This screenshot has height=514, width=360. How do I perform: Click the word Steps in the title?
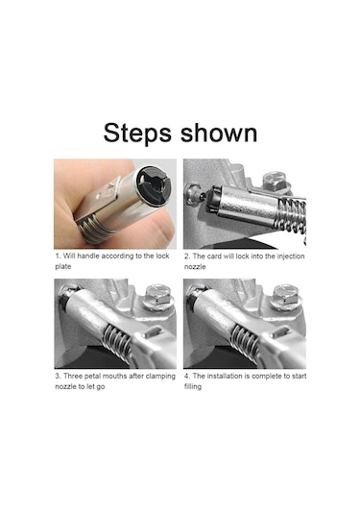click(x=137, y=134)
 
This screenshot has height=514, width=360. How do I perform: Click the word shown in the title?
click(x=219, y=133)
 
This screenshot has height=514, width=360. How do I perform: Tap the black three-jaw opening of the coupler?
click(x=153, y=185)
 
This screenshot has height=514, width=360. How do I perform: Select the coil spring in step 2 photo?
click(x=291, y=214)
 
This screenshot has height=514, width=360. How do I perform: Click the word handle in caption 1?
click(x=88, y=256)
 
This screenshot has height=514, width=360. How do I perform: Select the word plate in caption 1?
click(x=63, y=266)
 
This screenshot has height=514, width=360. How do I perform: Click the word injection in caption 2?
click(x=291, y=256)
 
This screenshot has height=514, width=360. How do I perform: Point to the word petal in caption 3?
click(x=93, y=376)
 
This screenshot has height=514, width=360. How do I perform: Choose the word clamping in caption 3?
click(x=160, y=376)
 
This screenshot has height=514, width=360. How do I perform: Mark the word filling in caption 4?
click(x=193, y=386)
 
